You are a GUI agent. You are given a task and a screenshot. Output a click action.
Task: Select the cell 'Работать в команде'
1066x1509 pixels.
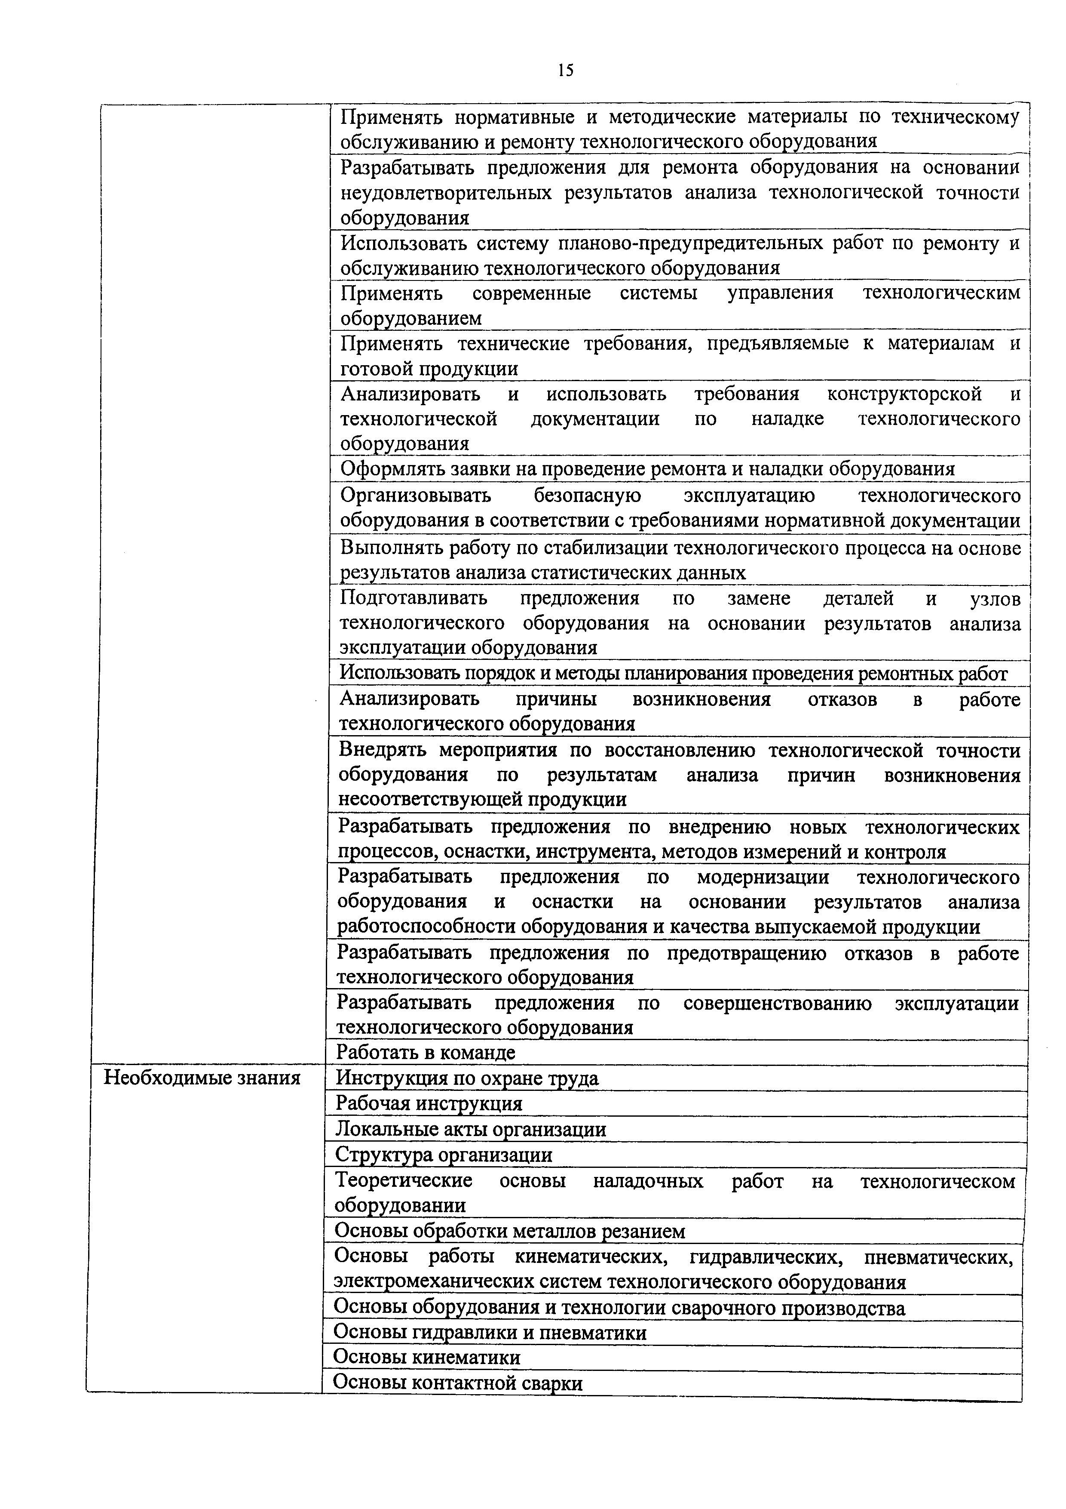point(426,1052)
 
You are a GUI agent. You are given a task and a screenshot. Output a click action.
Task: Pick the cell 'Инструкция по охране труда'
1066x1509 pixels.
point(467,1078)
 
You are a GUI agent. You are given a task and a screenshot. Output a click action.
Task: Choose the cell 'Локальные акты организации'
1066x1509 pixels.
point(470,1129)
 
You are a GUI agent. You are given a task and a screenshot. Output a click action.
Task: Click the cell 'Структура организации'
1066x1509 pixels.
point(443,1155)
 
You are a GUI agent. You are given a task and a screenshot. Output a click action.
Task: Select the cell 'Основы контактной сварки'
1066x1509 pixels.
point(458,1383)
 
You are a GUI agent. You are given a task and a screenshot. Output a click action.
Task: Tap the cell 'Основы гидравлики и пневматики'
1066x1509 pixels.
point(490,1332)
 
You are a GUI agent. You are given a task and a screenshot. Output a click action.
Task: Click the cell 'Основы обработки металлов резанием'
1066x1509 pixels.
point(510,1231)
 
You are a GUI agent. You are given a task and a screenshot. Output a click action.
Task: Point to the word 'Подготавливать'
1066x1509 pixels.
point(414,598)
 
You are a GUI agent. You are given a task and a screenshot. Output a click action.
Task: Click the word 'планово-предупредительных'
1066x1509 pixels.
point(689,243)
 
